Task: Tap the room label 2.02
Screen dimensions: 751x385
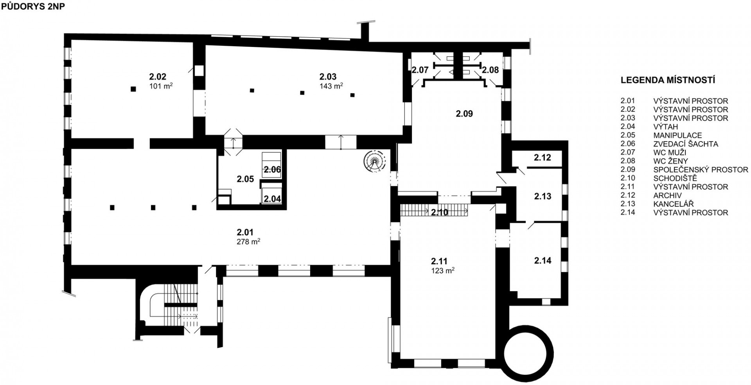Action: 158,76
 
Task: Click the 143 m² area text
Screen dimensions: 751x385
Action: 331,86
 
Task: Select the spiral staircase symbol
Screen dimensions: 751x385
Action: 375,161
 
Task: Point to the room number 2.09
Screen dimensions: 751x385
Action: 464,114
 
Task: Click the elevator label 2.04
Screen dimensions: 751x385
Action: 272,199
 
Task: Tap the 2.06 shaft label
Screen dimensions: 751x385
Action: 272,170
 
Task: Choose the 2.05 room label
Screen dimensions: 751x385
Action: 245,179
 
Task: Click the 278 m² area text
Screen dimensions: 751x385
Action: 248,242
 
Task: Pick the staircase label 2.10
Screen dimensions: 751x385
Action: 439,213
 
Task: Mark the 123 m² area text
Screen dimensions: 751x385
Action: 442,270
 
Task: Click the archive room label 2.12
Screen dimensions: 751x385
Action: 543,158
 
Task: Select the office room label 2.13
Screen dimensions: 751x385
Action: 543,196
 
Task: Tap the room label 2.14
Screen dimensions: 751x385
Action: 543,260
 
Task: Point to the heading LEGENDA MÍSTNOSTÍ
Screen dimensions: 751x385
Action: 668,81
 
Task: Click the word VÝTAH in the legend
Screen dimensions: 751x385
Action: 665,127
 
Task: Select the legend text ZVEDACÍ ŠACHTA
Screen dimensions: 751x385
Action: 686,144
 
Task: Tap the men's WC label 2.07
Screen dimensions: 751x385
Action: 420,70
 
